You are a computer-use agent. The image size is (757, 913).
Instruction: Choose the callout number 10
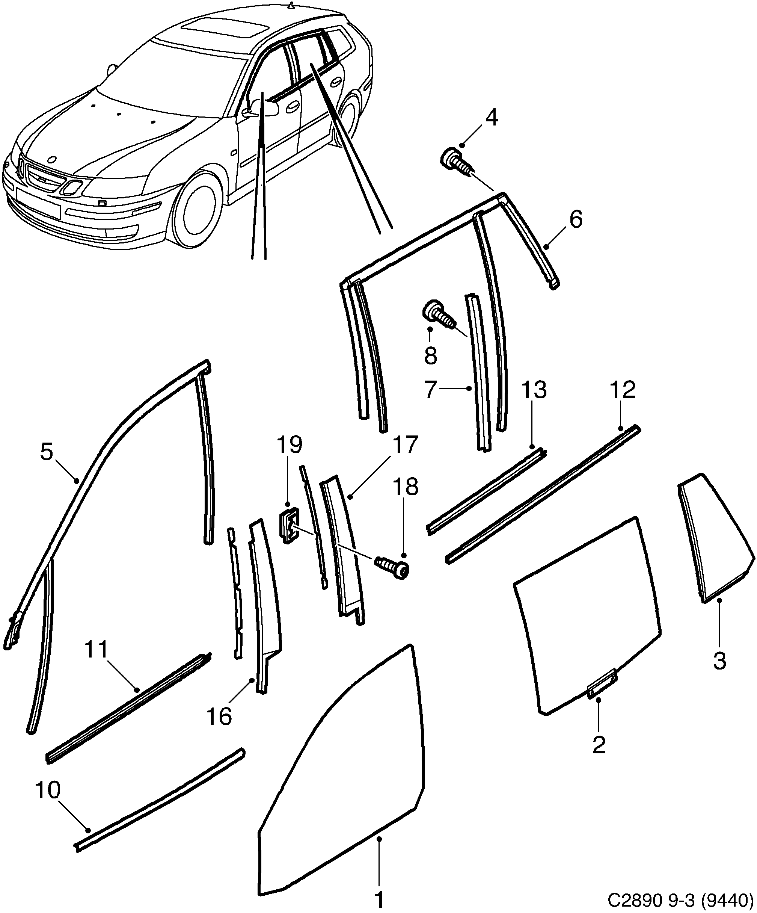48,791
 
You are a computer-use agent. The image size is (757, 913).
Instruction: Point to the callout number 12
622,390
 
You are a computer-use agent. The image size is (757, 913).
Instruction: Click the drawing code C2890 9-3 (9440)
680,899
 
